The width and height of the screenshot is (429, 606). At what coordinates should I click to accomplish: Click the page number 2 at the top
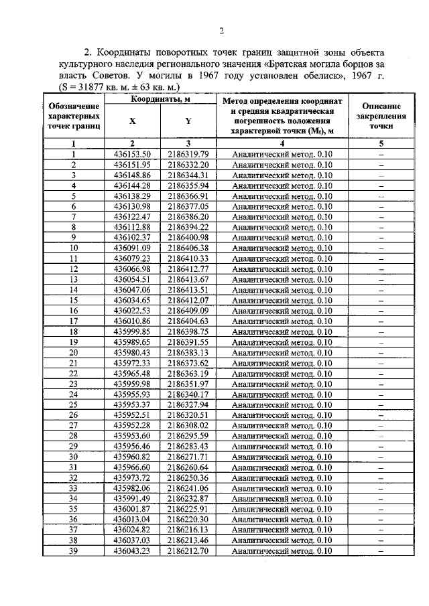tap(221, 30)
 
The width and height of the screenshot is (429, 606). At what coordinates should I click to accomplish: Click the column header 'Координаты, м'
tap(160, 99)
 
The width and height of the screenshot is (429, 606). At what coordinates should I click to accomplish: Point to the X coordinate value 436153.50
tap(132, 154)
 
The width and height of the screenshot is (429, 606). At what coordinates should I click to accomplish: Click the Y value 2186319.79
tap(188, 154)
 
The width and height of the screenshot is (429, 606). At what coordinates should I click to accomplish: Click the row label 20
tap(74, 352)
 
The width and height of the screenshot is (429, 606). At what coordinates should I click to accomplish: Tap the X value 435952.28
tap(132, 425)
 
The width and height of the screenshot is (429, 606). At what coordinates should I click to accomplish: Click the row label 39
tap(74, 551)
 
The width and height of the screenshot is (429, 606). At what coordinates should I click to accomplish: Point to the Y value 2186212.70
tap(188, 551)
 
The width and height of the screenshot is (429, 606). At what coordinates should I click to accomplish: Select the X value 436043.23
tap(132, 551)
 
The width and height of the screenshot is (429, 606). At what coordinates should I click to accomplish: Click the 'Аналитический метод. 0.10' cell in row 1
tap(282, 154)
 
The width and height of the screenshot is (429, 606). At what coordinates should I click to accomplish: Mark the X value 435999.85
tap(132, 331)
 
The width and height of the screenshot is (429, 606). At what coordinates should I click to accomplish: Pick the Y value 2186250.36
tap(188, 478)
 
